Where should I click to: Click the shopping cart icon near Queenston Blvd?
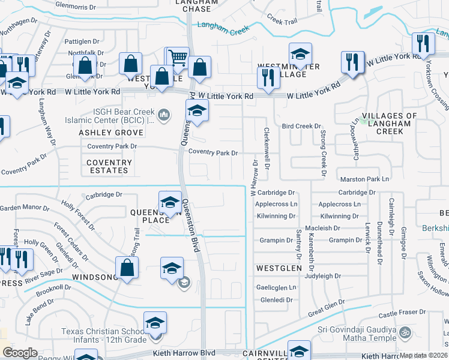tap(178, 58)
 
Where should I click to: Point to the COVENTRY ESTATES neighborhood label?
tap(109, 166)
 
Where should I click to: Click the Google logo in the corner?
tap(20, 353)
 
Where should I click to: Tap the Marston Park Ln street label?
tap(365, 179)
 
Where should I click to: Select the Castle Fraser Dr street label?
tap(402, 313)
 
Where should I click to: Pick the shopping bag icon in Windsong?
tap(127, 268)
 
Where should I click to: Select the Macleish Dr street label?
tap(322, 228)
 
